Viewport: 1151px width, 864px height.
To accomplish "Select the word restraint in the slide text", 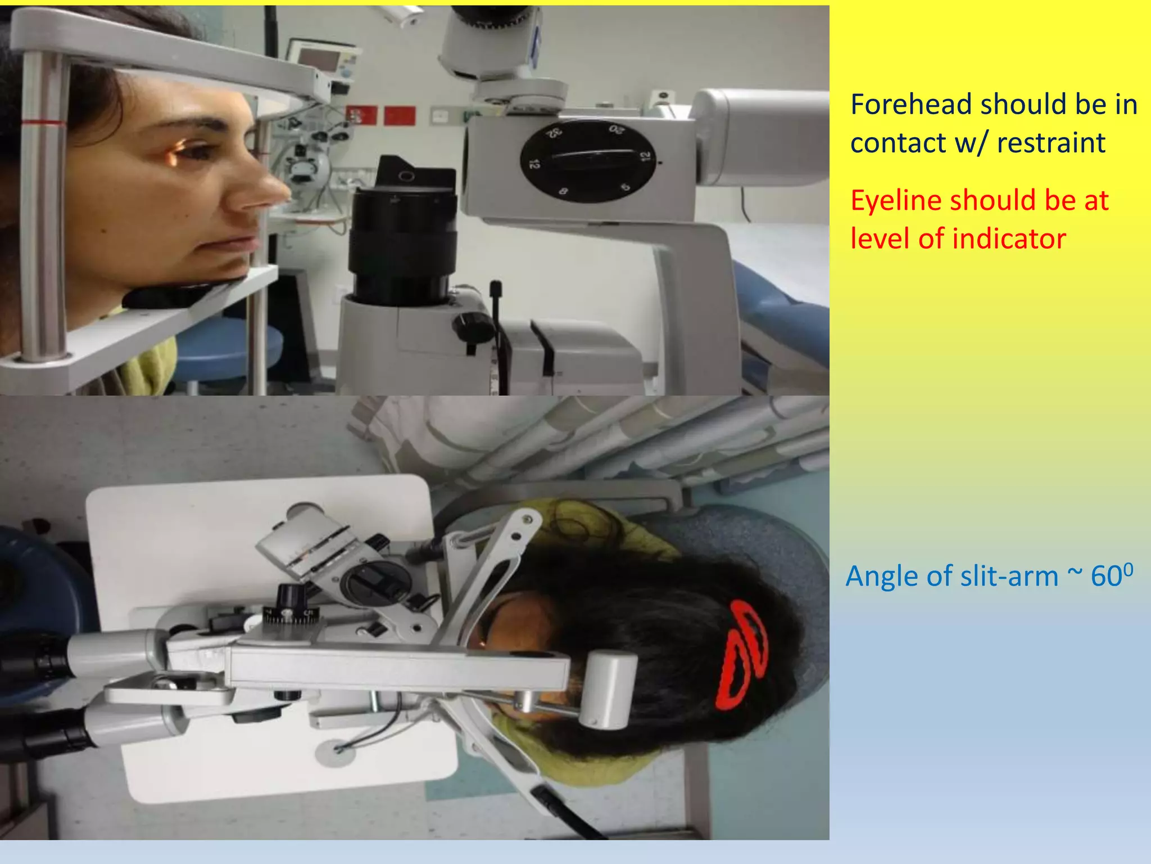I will tap(1050, 143).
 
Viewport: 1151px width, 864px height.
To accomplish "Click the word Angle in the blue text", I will tap(881, 577).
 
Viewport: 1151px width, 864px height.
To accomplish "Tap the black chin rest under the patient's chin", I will tap(180, 292).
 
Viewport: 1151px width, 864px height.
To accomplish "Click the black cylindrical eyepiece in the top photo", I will tap(402, 236).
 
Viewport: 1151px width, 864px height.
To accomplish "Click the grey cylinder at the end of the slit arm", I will tap(608, 689).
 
